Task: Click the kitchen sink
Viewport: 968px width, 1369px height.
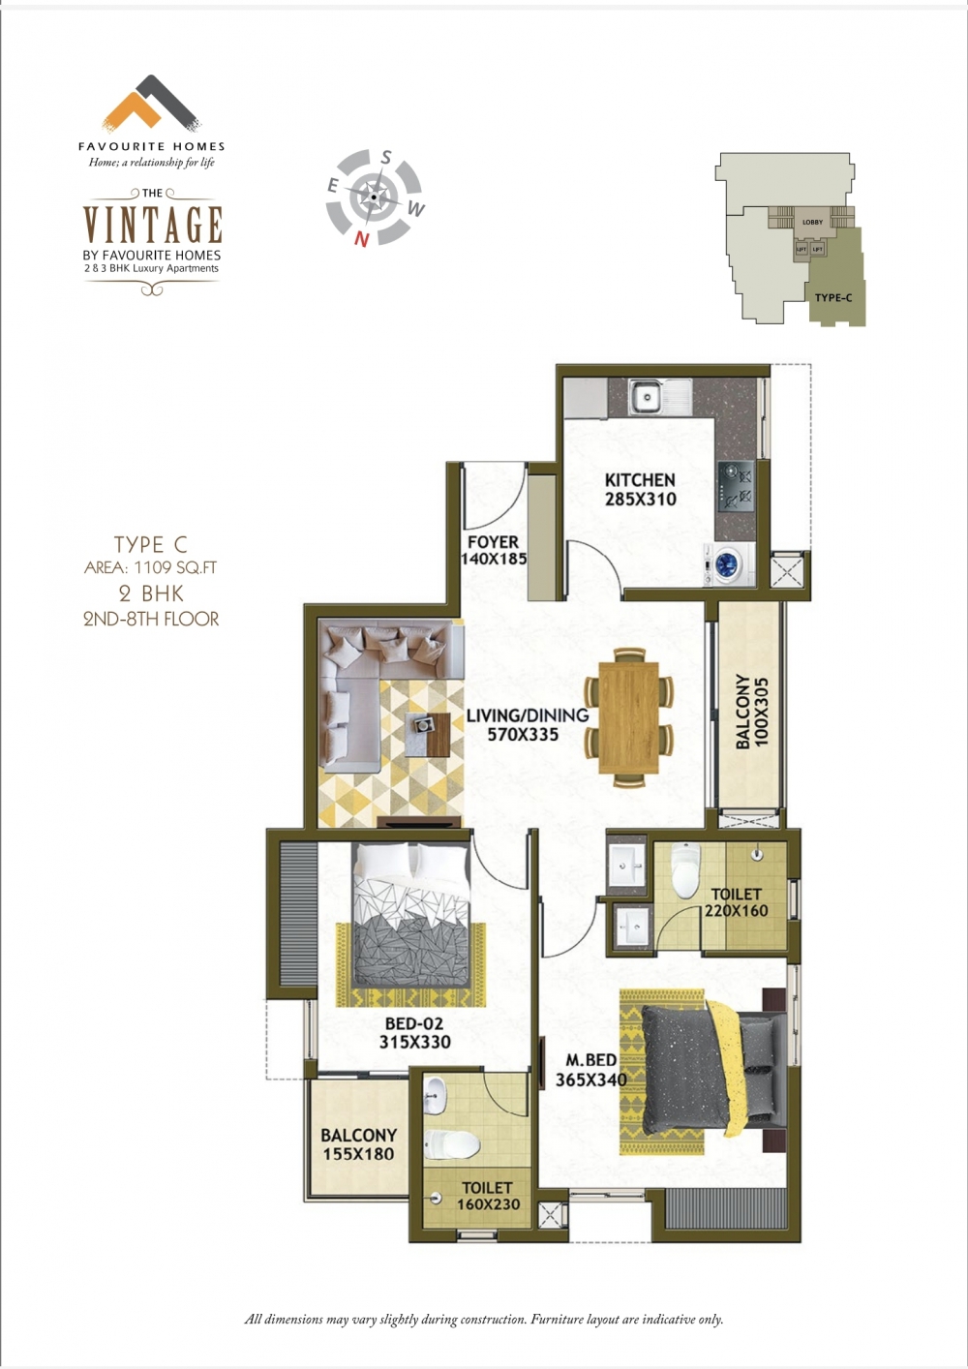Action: click(x=661, y=398)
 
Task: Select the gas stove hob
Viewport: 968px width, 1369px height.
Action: click(x=737, y=487)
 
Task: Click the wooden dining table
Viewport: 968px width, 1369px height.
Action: click(x=628, y=716)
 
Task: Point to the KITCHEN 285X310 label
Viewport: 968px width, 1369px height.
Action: click(x=641, y=490)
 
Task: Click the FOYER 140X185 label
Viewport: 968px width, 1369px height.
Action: click(x=493, y=550)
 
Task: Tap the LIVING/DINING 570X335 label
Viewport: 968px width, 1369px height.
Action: click(x=527, y=724)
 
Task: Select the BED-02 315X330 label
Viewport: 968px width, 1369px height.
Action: click(x=414, y=1032)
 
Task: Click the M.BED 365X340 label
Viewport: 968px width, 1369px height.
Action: click(x=590, y=1070)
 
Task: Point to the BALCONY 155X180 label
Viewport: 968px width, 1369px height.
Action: click(x=358, y=1144)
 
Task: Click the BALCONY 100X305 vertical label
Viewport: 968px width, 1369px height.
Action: click(x=752, y=712)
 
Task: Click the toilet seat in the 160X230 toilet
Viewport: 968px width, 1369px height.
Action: click(x=451, y=1143)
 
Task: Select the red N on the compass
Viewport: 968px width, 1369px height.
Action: click(x=361, y=239)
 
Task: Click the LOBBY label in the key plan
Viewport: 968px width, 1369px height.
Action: click(x=812, y=222)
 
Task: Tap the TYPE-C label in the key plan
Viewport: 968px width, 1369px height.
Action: click(x=832, y=297)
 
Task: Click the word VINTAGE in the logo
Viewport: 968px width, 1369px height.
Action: click(x=152, y=225)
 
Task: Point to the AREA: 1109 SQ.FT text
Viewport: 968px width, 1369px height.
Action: click(x=150, y=567)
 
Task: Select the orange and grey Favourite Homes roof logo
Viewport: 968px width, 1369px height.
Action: click(x=151, y=104)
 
